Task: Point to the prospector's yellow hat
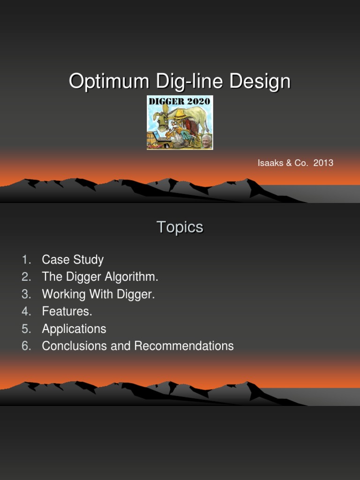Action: pyautogui.click(x=179, y=113)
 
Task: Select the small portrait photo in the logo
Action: pyautogui.click(x=206, y=141)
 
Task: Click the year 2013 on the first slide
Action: pyautogui.click(x=323, y=163)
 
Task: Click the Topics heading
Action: pyautogui.click(x=180, y=227)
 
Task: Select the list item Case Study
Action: pyautogui.click(x=73, y=260)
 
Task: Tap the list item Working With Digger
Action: pyautogui.click(x=98, y=294)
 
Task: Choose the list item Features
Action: pyautogui.click(x=67, y=312)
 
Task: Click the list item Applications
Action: pyautogui.click(x=74, y=329)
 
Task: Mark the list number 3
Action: pyautogui.click(x=26, y=294)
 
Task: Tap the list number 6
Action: pyautogui.click(x=26, y=346)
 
